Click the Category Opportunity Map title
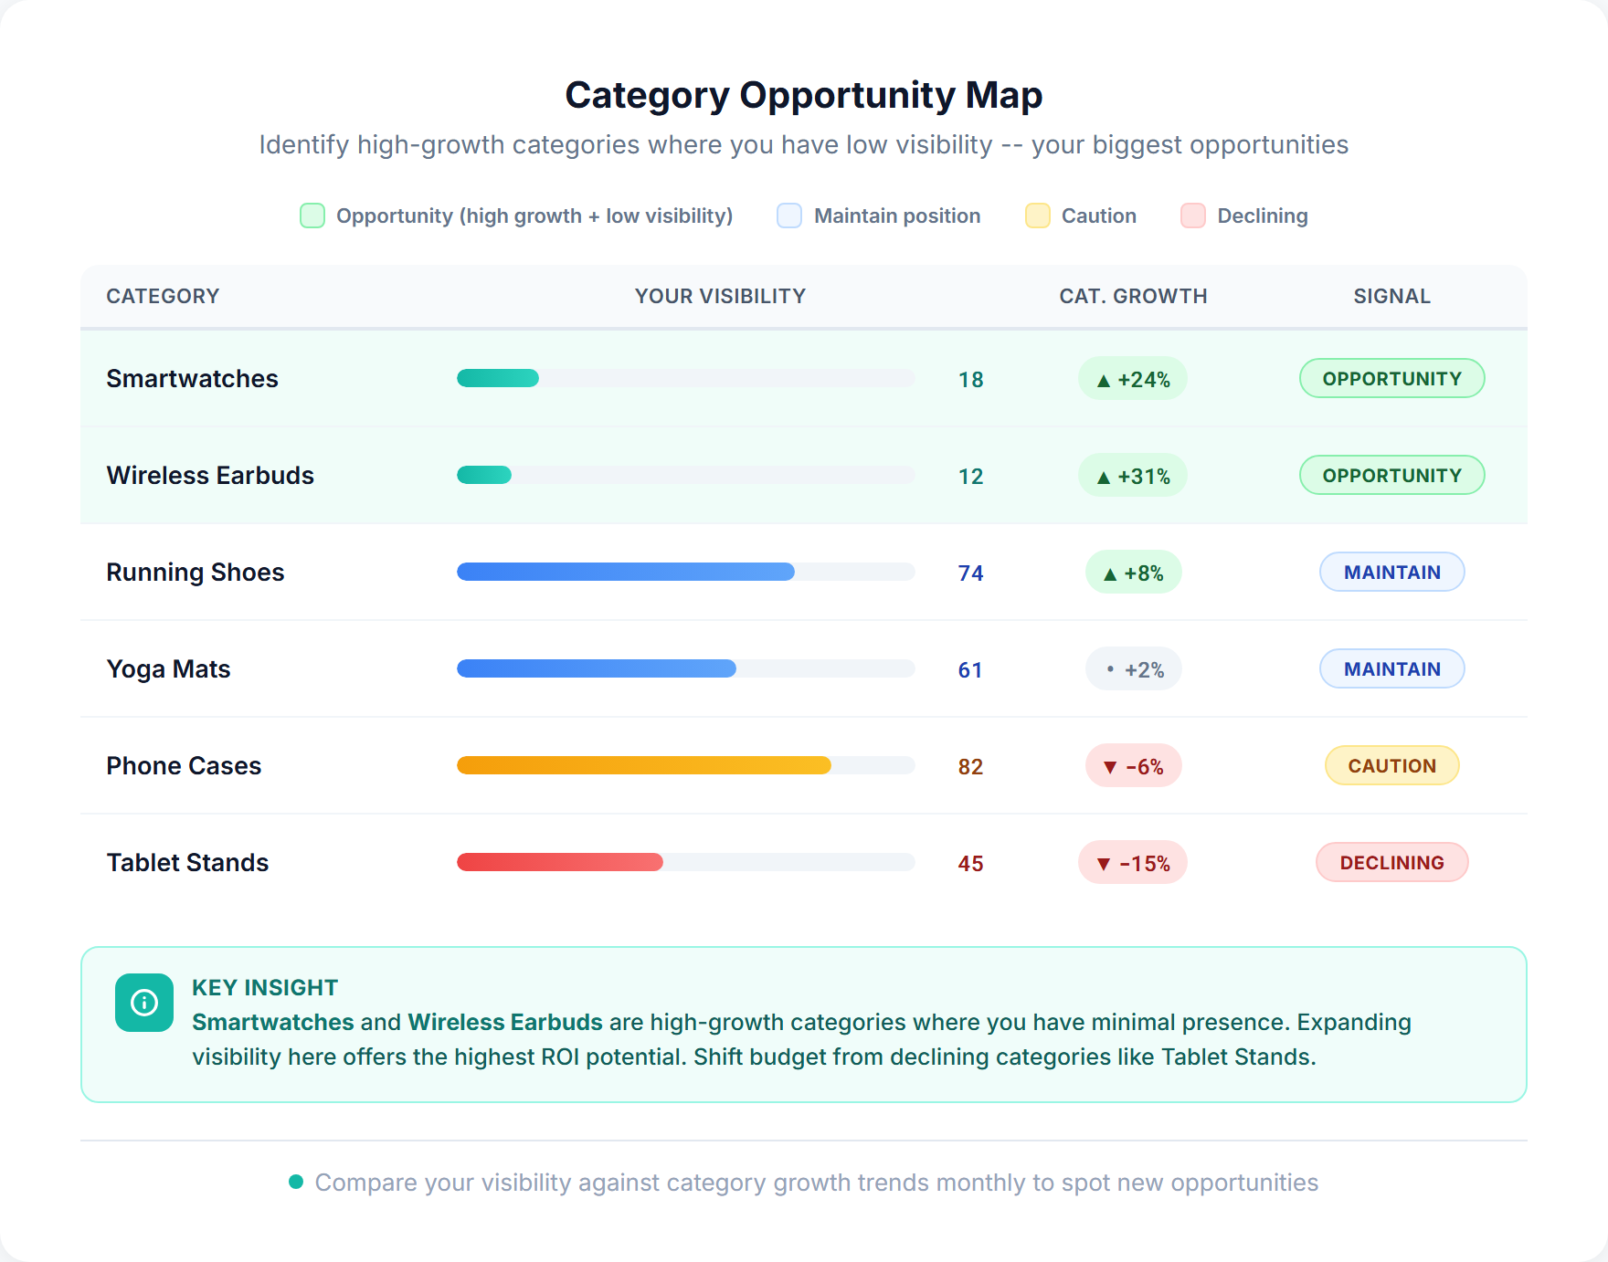(803, 95)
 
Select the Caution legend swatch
(1037, 216)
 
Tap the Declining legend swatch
(1192, 216)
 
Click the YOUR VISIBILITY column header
(720, 296)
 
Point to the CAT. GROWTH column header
(1133, 296)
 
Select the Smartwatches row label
(192, 379)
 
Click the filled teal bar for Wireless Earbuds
(484, 475)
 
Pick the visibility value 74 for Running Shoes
(970, 573)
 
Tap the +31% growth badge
(1133, 476)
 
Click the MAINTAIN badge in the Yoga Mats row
(1391, 669)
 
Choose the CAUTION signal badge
(1391, 766)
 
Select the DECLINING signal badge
(1391, 863)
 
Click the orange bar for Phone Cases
(643, 765)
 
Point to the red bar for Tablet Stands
(559, 862)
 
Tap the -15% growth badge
(1133, 863)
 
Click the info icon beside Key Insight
(144, 1003)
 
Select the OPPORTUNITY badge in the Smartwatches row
(1391, 379)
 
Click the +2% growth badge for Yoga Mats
(1133, 669)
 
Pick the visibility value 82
(970, 767)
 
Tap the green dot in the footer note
(296, 1182)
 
